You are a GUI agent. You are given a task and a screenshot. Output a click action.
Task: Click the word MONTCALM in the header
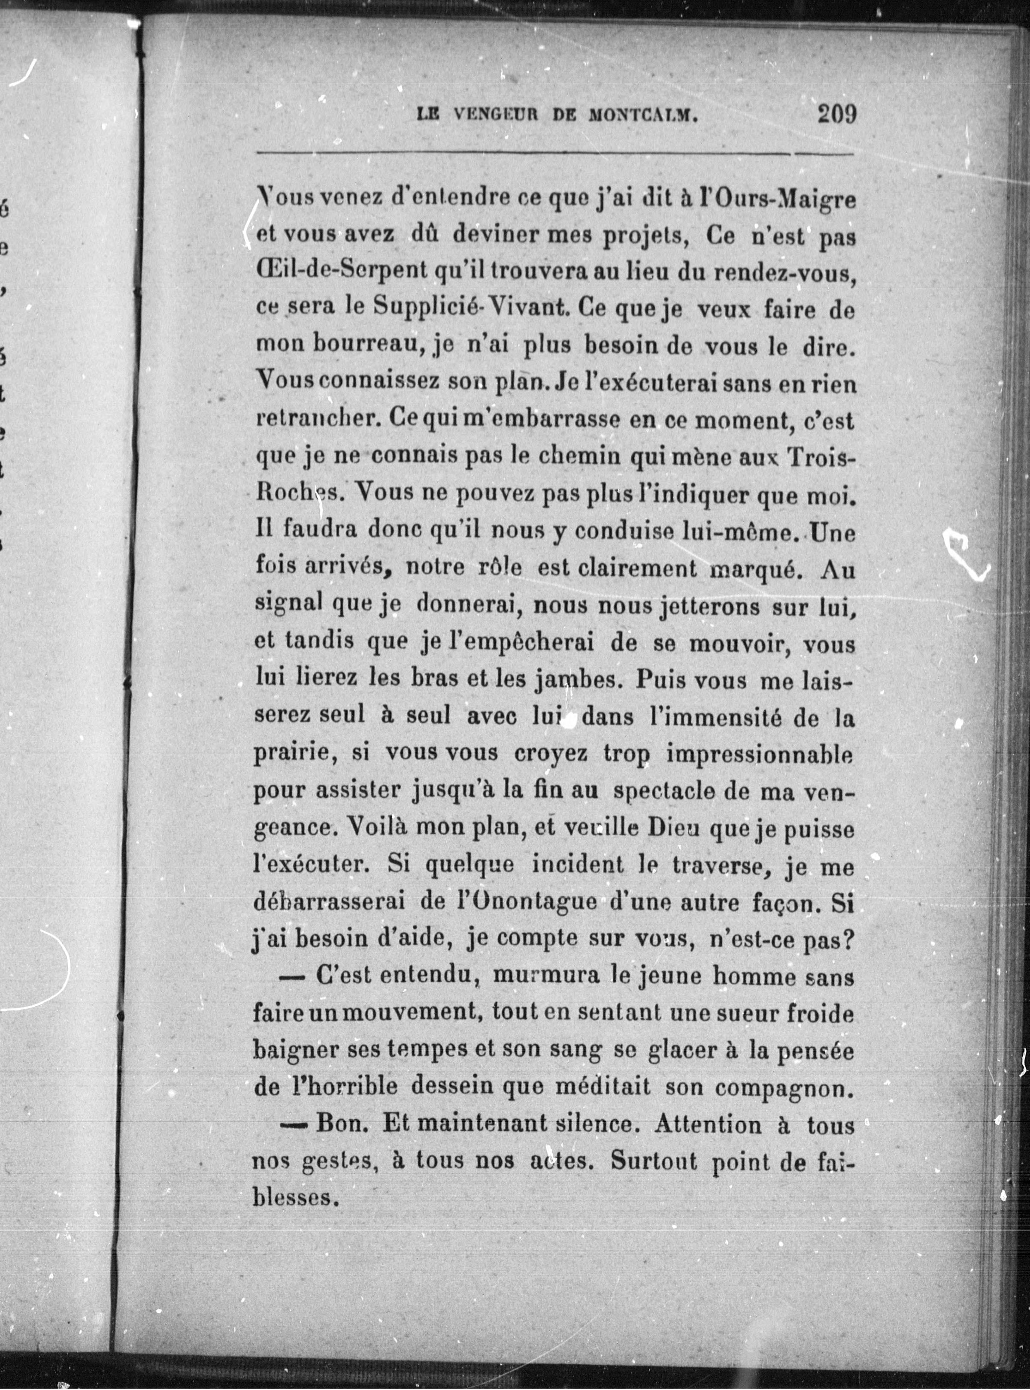[642, 115]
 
